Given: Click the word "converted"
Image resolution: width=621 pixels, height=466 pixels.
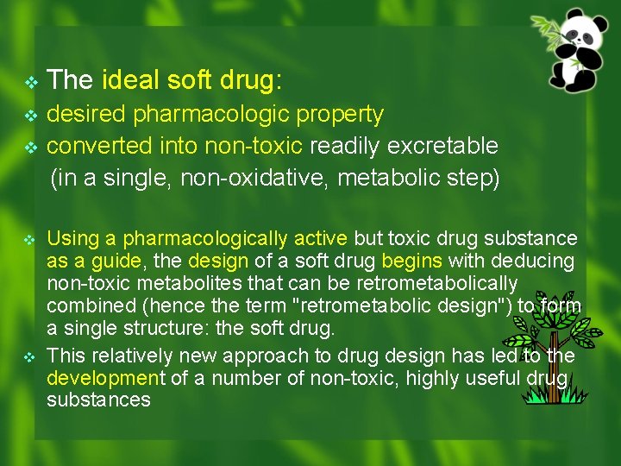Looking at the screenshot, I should coord(100,145).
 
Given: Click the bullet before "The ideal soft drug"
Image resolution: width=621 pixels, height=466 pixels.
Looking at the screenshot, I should coord(31,83).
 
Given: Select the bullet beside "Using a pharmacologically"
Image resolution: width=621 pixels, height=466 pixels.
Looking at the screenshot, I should coord(31,239).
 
